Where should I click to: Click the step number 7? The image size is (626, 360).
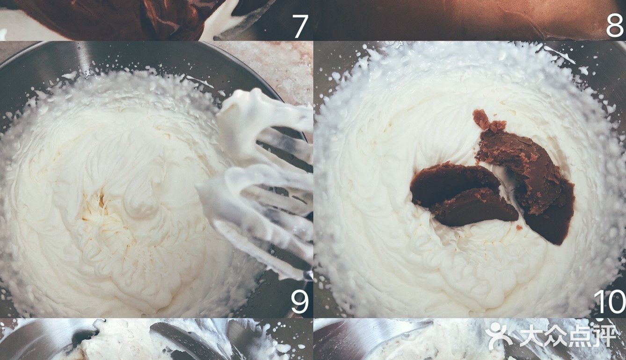click(x=300, y=26)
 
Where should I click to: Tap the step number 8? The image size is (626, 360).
click(x=615, y=26)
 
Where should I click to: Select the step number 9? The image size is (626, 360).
click(x=300, y=302)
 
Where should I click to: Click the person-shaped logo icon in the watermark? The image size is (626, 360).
click(x=499, y=336)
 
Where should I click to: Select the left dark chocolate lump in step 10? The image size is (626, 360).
click(x=461, y=195)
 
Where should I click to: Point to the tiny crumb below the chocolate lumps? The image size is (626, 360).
click(x=519, y=228)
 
